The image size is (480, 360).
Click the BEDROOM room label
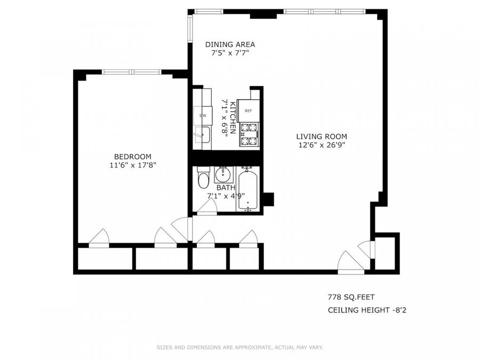(133, 157)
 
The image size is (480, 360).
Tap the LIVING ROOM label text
(322, 137)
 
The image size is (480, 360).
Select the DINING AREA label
(230, 44)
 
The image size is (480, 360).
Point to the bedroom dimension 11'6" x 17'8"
(133, 165)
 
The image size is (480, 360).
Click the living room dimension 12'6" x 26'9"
(322, 145)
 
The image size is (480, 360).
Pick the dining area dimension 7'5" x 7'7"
(230, 53)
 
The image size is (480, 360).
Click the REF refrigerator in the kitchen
(248, 111)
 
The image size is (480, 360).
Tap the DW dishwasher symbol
(203, 115)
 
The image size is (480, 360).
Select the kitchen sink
(202, 135)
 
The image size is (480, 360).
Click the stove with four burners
(249, 134)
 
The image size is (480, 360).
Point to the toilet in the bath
(203, 178)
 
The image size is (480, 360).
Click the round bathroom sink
(223, 175)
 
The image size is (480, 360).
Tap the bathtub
(247, 189)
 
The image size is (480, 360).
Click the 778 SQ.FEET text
(351, 297)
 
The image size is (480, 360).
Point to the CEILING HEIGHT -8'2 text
(367, 310)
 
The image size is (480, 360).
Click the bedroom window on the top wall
(132, 72)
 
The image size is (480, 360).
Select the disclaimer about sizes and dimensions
(240, 347)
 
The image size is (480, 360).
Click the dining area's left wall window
(190, 28)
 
